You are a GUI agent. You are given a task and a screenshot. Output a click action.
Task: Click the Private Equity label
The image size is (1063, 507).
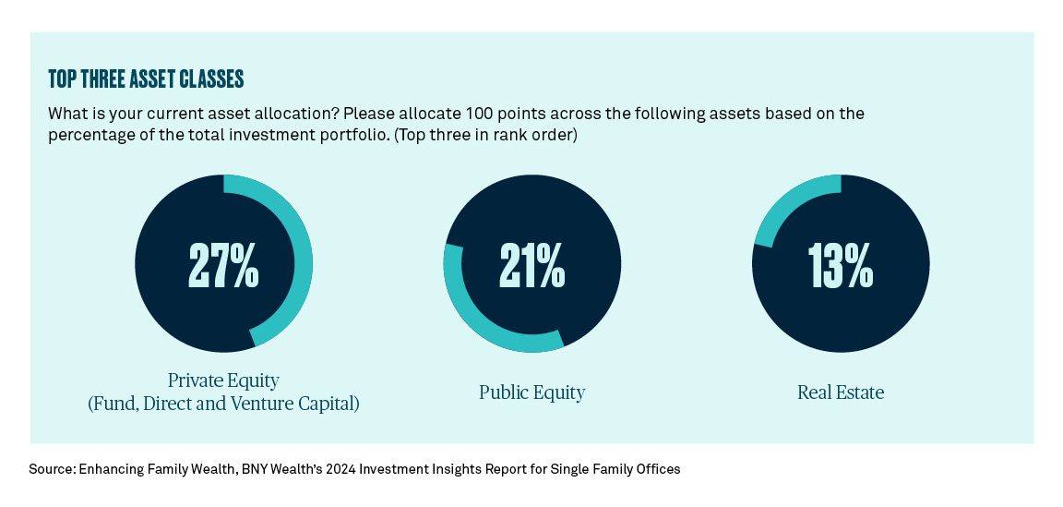point(223,380)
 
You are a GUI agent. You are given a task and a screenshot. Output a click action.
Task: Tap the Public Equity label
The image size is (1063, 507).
point(532,392)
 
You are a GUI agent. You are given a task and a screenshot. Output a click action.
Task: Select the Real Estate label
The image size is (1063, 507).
point(841,392)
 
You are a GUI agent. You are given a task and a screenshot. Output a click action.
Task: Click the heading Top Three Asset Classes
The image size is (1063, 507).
point(146,79)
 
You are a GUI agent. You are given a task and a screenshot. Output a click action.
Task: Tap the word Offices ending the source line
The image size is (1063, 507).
point(658,469)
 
